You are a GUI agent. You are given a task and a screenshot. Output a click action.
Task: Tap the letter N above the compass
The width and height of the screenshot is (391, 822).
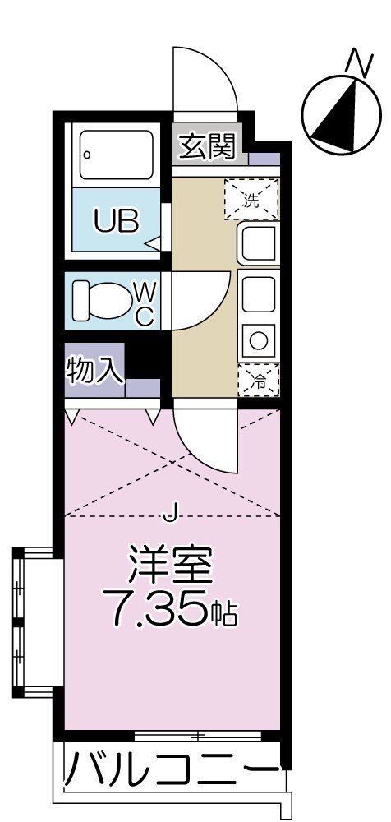tap(356, 61)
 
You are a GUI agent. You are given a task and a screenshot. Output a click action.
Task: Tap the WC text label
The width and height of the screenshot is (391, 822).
tap(144, 302)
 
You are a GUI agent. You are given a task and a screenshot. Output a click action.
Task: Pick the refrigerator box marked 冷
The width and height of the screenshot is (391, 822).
tap(259, 380)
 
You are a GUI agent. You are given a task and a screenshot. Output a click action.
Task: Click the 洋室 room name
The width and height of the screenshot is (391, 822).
tap(171, 566)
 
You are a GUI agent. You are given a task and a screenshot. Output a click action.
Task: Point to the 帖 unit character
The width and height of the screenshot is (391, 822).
tap(223, 613)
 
